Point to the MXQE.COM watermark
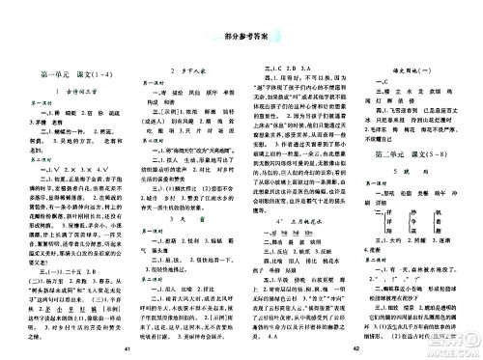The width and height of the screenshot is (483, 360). (454, 342)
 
